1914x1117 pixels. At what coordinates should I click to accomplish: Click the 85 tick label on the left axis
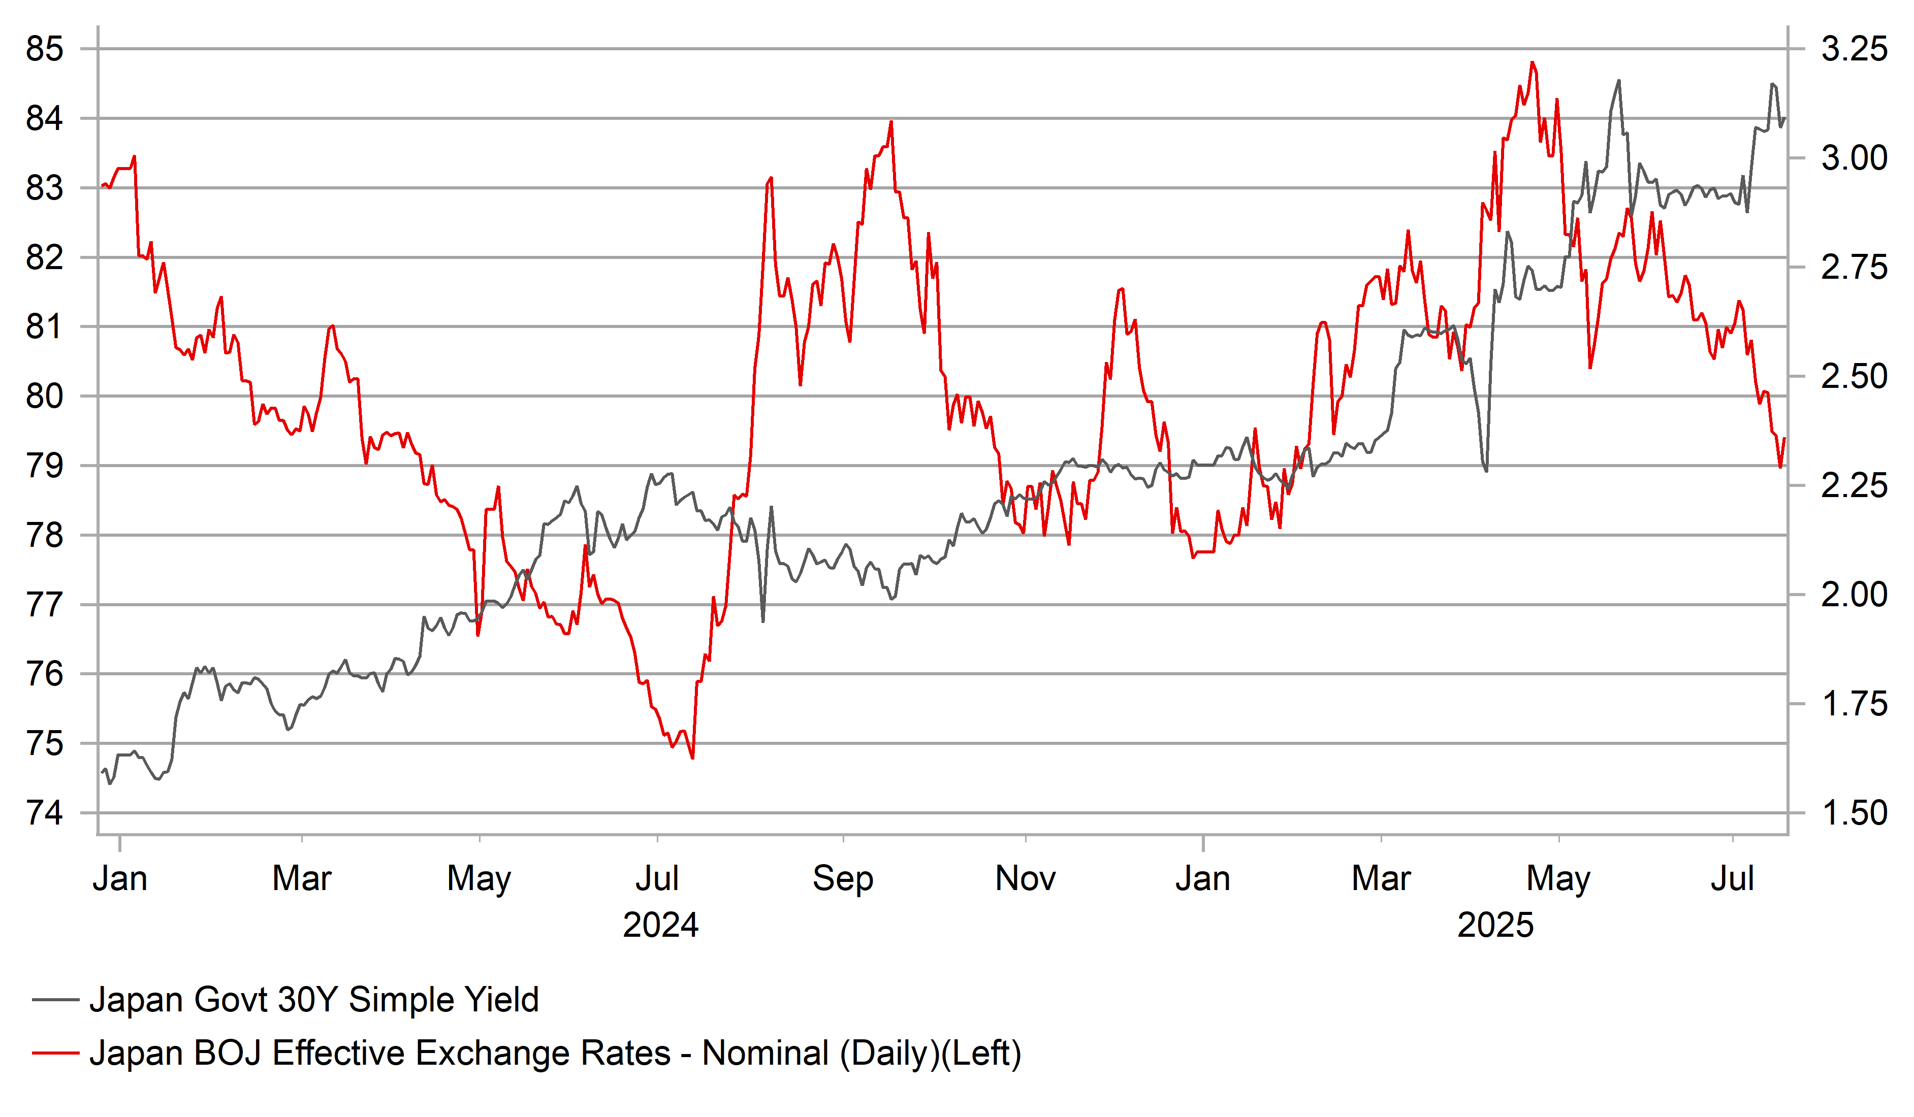[45, 49]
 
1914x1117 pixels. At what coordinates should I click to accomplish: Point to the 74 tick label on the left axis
[45, 813]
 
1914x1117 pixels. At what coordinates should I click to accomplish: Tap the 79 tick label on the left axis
[45, 466]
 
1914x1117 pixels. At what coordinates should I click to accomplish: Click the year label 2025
[1495, 926]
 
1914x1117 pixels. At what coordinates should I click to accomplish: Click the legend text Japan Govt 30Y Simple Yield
[314, 1000]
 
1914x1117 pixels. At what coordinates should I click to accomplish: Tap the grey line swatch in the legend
[55, 1000]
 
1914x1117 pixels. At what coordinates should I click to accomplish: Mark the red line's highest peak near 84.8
[1532, 62]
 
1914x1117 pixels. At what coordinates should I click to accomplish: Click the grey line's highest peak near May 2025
[1618, 81]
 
